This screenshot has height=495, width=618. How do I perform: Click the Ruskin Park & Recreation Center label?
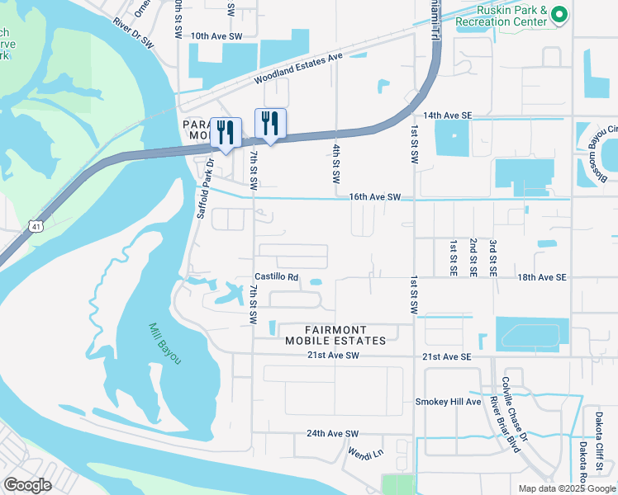pos(502,16)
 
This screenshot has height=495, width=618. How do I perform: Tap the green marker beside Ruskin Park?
pos(560,14)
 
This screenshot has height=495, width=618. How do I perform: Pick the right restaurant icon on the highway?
pos(270,124)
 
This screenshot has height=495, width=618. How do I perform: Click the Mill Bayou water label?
pos(165,343)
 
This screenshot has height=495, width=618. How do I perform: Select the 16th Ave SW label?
pos(374,198)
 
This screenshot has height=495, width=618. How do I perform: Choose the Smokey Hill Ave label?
pos(447,402)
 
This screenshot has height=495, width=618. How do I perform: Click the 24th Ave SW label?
pos(333,433)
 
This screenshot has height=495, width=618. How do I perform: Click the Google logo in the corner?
pos(28,485)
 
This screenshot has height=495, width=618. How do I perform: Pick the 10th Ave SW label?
pos(216,37)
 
